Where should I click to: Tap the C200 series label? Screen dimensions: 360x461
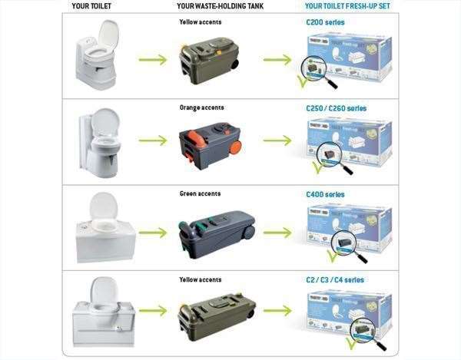click(326, 23)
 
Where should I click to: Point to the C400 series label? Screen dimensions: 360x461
click(326, 195)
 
